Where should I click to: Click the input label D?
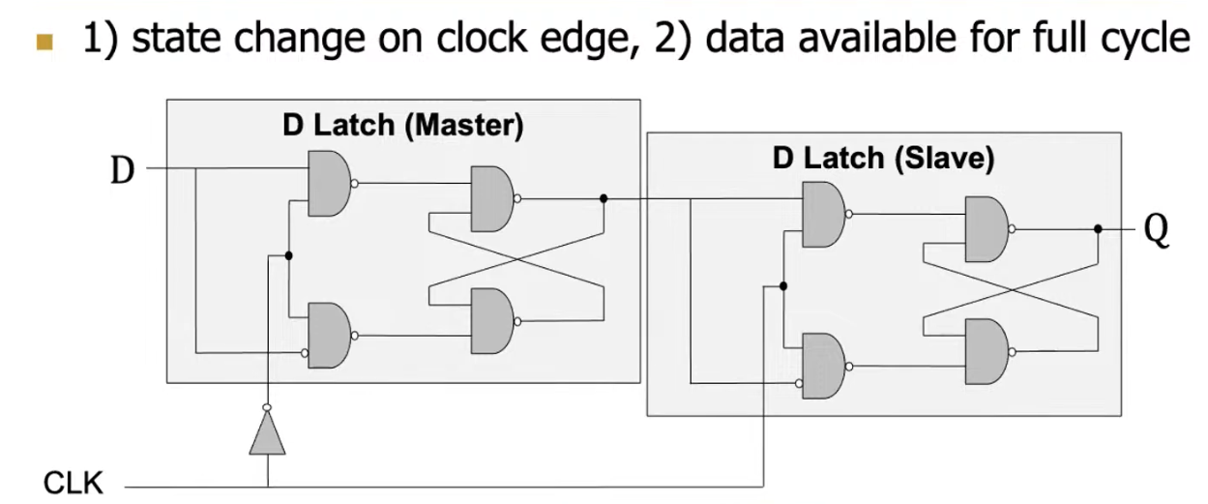point(122,171)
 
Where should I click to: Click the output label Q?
point(1156,231)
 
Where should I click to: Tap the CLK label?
point(74,482)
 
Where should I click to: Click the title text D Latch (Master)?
point(402,125)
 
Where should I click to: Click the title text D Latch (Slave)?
point(883,159)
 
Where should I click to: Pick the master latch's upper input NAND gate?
point(327,183)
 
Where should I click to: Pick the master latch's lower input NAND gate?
point(327,335)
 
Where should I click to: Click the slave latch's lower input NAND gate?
point(822,365)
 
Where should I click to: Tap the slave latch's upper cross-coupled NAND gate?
point(986,229)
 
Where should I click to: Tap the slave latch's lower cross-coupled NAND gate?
point(986,352)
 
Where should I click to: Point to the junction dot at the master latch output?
point(604,199)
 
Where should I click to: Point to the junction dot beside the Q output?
point(1098,229)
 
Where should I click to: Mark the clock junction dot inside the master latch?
point(288,255)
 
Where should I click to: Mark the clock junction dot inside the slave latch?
point(782,286)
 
